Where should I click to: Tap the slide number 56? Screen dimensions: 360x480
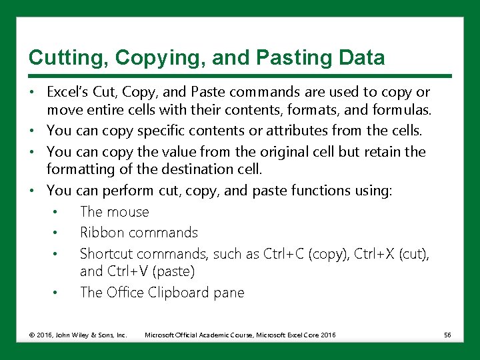click(447, 334)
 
